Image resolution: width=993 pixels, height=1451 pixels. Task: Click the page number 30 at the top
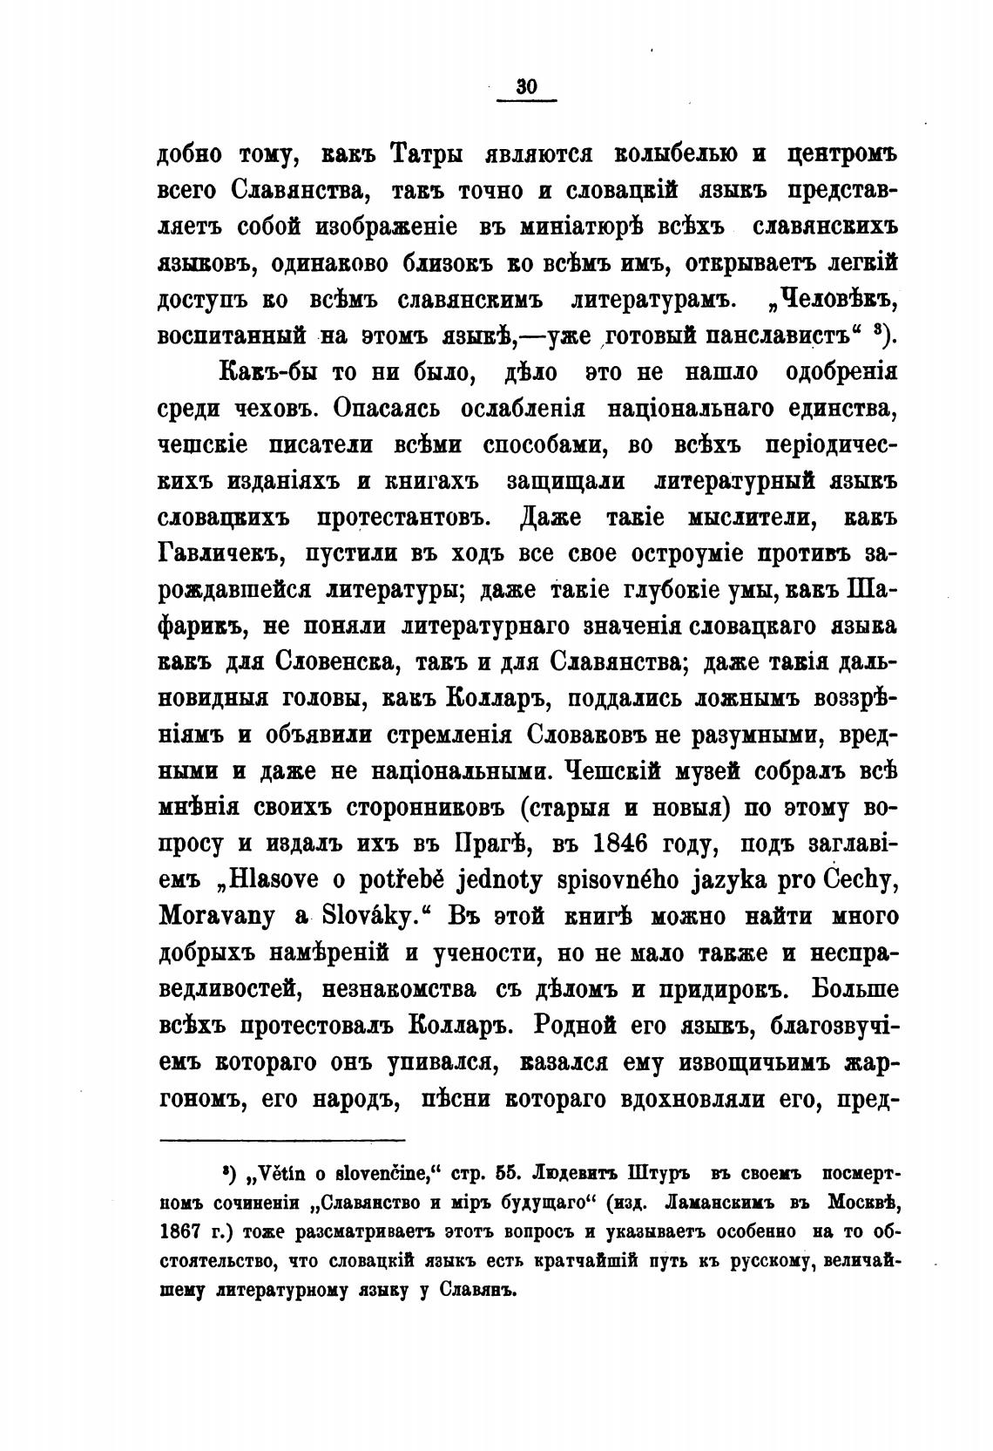(526, 86)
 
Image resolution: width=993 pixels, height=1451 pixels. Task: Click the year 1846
(618, 844)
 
